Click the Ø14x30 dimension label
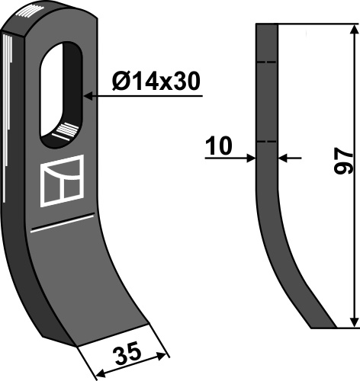[x=156, y=82]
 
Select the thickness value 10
[x=219, y=146]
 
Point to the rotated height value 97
[x=343, y=162]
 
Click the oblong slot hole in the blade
[x=61, y=94]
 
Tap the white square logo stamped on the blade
[x=62, y=181]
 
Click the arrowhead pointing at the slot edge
[x=89, y=96]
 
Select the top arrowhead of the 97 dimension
[x=354, y=29]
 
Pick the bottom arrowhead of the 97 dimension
[x=354, y=322]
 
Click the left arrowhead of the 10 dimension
[x=250, y=158]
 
